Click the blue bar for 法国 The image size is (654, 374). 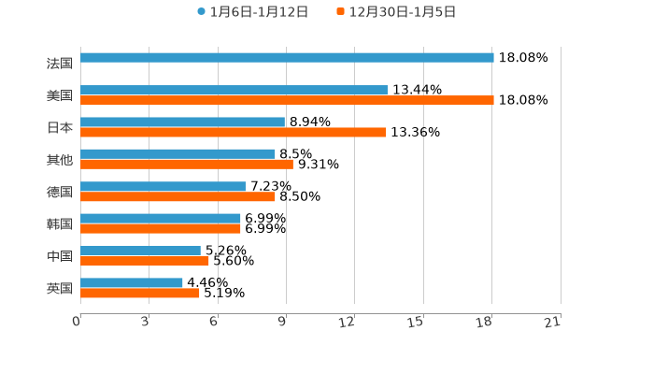pyautogui.click(x=287, y=58)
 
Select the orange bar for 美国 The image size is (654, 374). pyautogui.click(x=287, y=101)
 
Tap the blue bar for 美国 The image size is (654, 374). pyautogui.click(x=234, y=90)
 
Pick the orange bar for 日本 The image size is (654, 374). pyautogui.click(x=233, y=133)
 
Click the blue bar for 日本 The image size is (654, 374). pyautogui.click(x=183, y=122)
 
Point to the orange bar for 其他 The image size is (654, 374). pyautogui.click(x=187, y=165)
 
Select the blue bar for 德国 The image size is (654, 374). pyautogui.click(x=163, y=186)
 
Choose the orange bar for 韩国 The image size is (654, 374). pyautogui.click(x=161, y=229)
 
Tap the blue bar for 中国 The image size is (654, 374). pyautogui.click(x=140, y=251)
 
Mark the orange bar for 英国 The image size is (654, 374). pyautogui.click(x=140, y=294)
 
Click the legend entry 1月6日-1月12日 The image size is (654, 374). pyautogui.click(x=252, y=12)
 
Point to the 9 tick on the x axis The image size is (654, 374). pyautogui.click(x=282, y=322)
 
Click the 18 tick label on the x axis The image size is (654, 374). pyautogui.click(x=484, y=322)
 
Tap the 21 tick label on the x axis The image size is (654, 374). pyautogui.click(x=552, y=322)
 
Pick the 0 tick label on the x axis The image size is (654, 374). pyautogui.click(x=77, y=322)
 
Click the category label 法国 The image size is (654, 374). pyautogui.click(x=59, y=64)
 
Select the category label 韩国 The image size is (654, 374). pyautogui.click(x=59, y=224)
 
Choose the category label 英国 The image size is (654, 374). pyautogui.click(x=59, y=288)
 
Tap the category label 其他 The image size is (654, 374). pyautogui.click(x=59, y=160)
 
